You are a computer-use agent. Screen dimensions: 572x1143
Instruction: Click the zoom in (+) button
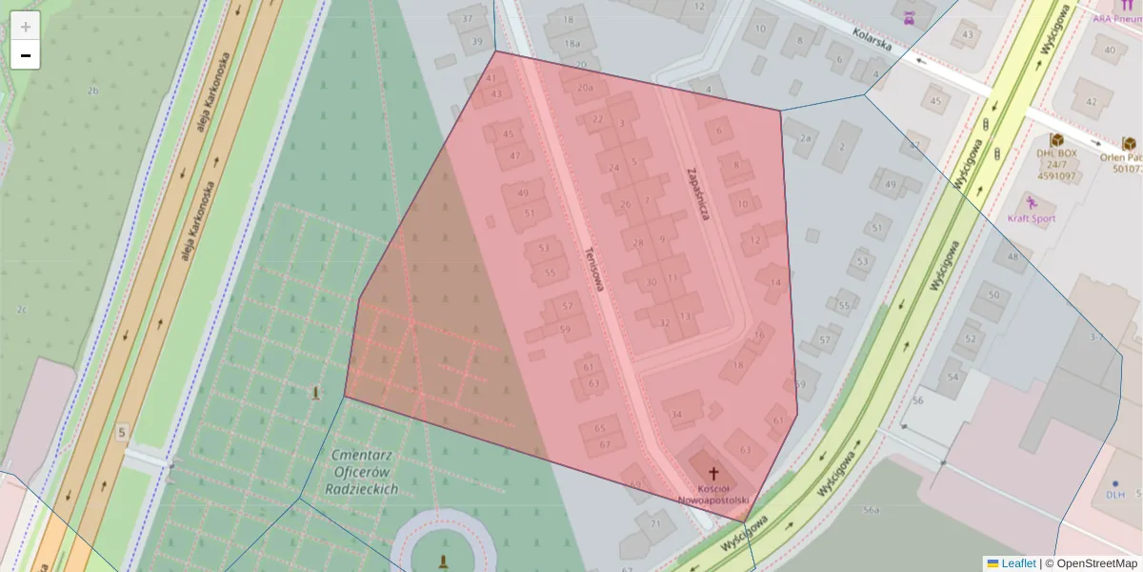click(x=26, y=27)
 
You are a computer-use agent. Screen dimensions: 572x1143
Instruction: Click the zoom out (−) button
click(x=26, y=55)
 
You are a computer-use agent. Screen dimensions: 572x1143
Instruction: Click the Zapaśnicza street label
click(x=698, y=194)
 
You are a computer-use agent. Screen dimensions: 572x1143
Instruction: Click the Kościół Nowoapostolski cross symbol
click(x=713, y=473)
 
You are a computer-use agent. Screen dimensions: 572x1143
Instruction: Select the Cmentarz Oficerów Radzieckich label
click(x=366, y=472)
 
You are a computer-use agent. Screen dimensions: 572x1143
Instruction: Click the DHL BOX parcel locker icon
click(x=1055, y=140)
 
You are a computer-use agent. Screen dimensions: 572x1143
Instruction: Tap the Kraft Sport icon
click(x=1031, y=203)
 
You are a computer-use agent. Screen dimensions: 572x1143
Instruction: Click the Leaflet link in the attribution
click(x=1018, y=563)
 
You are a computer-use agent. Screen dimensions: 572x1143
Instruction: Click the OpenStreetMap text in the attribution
click(x=1096, y=563)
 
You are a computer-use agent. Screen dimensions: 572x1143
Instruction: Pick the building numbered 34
click(x=676, y=414)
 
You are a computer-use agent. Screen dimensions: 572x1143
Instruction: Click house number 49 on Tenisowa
click(x=523, y=194)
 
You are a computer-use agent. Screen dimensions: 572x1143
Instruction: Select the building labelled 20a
click(x=584, y=87)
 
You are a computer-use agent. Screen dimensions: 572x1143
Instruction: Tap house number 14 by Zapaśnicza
click(x=775, y=282)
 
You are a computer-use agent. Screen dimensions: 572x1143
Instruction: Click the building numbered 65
click(x=599, y=428)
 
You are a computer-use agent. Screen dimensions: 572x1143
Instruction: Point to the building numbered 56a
click(x=871, y=511)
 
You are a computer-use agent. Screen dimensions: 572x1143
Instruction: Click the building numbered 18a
click(x=571, y=44)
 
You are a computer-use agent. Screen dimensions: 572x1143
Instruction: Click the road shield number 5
click(x=122, y=433)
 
